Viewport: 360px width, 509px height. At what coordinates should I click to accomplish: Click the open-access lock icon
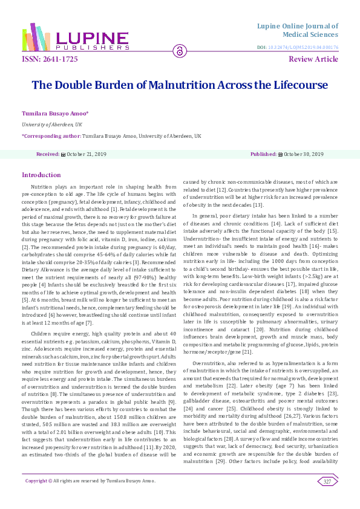tap(180, 51)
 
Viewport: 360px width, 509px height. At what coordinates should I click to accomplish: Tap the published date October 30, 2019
tap(304, 154)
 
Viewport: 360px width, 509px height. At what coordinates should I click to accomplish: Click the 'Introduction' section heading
tap(41, 175)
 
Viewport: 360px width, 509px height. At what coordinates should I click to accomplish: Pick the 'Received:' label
tap(48, 154)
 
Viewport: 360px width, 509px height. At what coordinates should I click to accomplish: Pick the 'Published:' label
tap(263, 154)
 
